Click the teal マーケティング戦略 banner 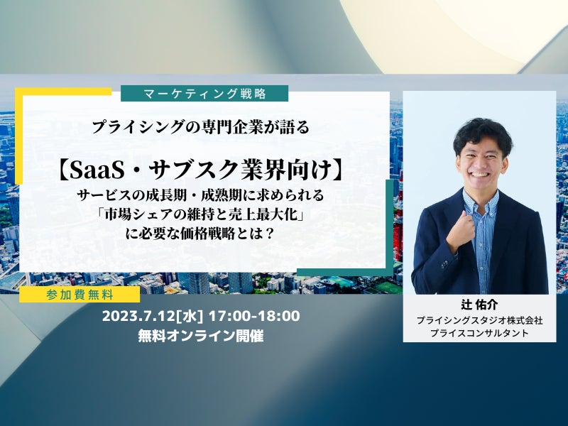click(x=204, y=94)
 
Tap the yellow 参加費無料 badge click(x=80, y=295)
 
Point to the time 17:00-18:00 click(x=254, y=316)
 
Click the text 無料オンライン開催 click(x=201, y=336)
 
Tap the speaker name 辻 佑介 click(x=479, y=305)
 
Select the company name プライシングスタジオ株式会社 click(x=479, y=321)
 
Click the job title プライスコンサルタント click(x=479, y=333)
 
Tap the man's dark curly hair click(x=482, y=133)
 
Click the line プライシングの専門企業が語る click(x=201, y=128)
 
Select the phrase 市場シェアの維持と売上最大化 click(x=200, y=215)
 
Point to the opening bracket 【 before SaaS click(x=63, y=171)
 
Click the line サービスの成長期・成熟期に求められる click(x=200, y=196)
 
